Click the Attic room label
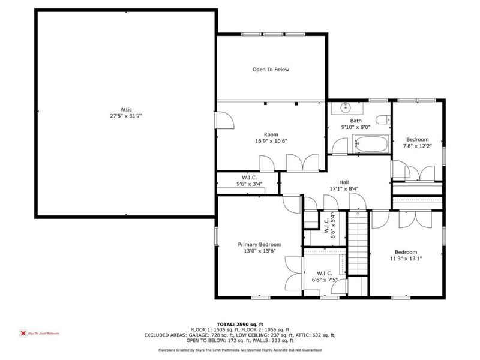(x=125, y=109)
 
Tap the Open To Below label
(x=270, y=70)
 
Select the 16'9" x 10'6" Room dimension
(x=271, y=142)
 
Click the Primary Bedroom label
(x=260, y=244)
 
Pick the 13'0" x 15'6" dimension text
(x=260, y=252)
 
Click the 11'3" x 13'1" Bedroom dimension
(x=406, y=259)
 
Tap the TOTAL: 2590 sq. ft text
(x=241, y=323)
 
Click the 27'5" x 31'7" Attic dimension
(x=125, y=116)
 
